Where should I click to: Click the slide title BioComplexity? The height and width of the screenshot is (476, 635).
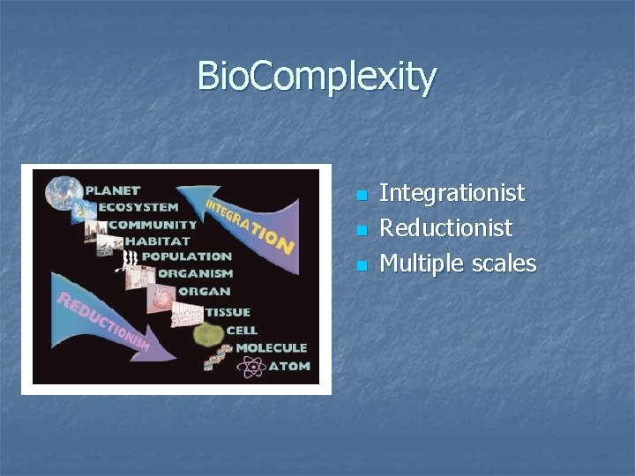(317, 76)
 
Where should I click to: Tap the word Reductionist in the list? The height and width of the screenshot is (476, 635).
(445, 228)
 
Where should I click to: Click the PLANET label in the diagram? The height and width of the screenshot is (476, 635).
(112, 190)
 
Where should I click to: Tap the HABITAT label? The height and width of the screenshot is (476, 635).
(156, 240)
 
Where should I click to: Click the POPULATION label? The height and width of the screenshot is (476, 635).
(186, 257)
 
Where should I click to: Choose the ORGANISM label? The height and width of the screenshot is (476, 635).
(194, 273)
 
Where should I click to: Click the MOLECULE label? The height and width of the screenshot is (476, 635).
(271, 348)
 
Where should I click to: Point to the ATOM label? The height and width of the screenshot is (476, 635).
(288, 365)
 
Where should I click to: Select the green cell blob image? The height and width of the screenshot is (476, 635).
(208, 333)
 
